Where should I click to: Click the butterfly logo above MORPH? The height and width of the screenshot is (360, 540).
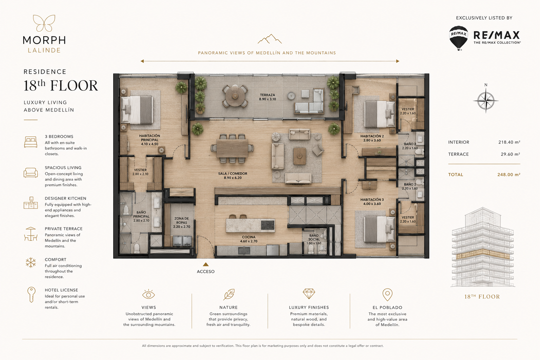tap(44, 23)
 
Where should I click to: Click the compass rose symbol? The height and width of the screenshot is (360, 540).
tap(486, 101)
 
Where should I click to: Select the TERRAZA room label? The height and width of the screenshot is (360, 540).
tap(268, 97)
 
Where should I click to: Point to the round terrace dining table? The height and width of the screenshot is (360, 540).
tap(235, 96)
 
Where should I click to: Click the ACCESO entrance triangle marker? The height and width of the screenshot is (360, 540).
tap(205, 264)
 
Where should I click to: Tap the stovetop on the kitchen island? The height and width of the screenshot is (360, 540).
tap(268, 225)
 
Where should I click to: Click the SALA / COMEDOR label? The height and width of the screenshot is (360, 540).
tap(233, 175)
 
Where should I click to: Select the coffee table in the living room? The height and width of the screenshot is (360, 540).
tap(300, 156)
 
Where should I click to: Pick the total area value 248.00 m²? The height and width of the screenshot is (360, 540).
tap(509, 175)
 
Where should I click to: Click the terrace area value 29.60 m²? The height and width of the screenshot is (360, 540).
tap(510, 154)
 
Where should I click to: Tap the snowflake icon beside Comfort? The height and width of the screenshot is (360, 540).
tap(31, 263)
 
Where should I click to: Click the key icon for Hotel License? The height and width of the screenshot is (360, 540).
tap(31, 294)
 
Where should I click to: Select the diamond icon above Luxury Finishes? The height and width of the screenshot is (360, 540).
tap(309, 294)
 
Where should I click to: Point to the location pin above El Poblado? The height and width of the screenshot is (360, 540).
tap(387, 294)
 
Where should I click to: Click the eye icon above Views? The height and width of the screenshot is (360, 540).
tap(148, 294)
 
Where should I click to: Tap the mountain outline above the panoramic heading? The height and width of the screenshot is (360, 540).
tap(270, 39)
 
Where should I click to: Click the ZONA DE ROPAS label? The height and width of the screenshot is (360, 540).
tap(181, 223)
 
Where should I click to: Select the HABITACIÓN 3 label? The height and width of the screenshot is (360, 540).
tap(372, 201)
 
